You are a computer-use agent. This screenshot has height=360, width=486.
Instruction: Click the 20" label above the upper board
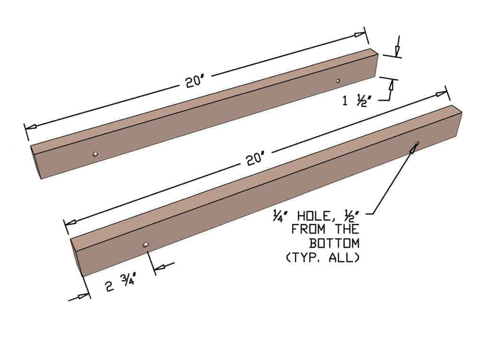pyautogui.click(x=195, y=82)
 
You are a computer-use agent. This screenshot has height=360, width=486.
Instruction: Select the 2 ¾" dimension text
pyautogui.click(x=121, y=286)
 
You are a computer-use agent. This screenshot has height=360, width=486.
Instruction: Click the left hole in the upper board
pyautogui.click(x=95, y=154)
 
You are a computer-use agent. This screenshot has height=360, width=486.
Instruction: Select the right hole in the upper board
pyautogui.click(x=338, y=81)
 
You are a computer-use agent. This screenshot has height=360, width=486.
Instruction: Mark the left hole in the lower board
pyautogui.click(x=146, y=245)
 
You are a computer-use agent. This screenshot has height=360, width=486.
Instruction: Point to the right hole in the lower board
pyautogui.click(x=417, y=144)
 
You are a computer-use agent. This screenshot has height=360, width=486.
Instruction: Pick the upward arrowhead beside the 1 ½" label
pyautogui.click(x=392, y=85)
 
